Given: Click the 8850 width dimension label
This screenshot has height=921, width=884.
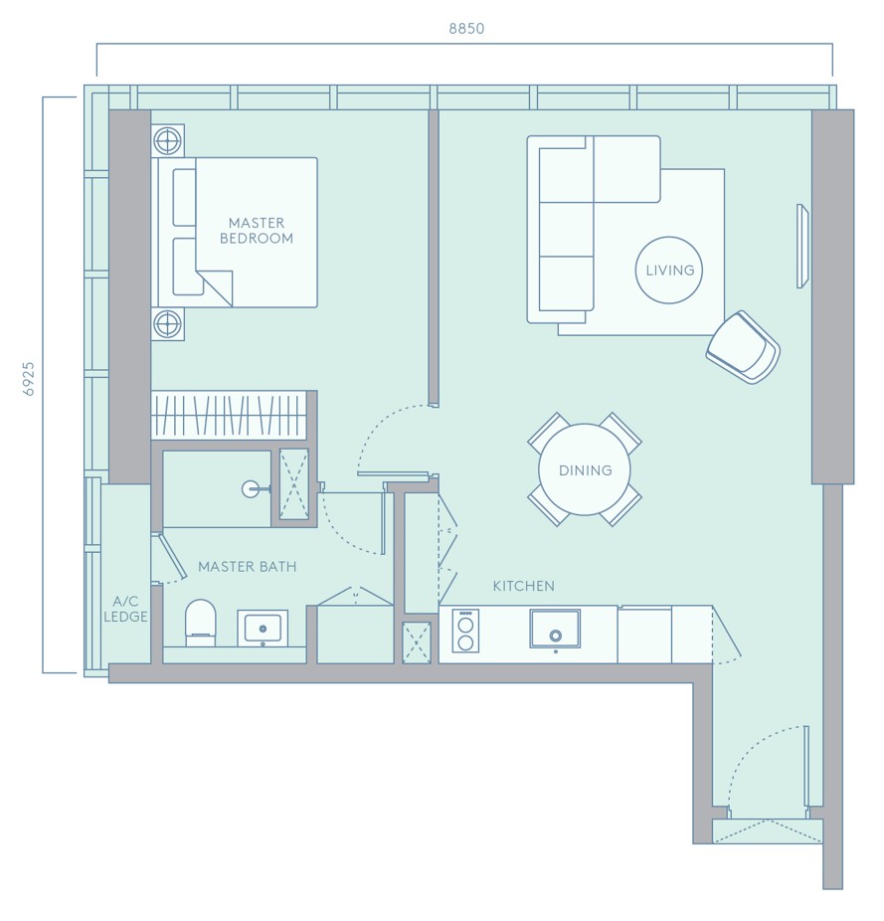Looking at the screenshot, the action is click(466, 28).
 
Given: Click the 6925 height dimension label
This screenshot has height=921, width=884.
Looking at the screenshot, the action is click(29, 379).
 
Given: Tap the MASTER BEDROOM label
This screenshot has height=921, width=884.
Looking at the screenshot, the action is click(257, 231).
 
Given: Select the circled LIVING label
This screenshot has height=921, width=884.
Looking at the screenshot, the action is click(669, 271).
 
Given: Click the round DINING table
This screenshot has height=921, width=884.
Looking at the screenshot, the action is click(585, 469).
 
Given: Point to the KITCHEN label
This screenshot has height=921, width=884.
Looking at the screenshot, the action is click(523, 586).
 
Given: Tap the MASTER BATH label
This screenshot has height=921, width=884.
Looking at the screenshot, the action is click(248, 567).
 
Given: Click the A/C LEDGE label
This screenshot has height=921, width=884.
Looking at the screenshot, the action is click(125, 609).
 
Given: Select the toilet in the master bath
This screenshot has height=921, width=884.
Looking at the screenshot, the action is click(200, 623).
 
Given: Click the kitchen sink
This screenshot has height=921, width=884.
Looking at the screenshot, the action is click(555, 629).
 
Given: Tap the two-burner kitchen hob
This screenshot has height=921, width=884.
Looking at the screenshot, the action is click(465, 631).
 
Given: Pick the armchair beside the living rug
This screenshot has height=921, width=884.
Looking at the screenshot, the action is click(743, 348).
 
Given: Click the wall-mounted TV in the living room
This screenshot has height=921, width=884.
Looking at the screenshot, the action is click(802, 246).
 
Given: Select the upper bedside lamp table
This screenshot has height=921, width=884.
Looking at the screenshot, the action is click(168, 141).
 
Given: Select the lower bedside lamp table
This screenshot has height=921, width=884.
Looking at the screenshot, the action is click(168, 323).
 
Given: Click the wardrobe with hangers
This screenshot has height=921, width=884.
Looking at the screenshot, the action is click(229, 416).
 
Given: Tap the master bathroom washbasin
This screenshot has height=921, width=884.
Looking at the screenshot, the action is click(263, 628).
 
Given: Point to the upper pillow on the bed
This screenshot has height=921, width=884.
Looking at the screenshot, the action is click(184, 197).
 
